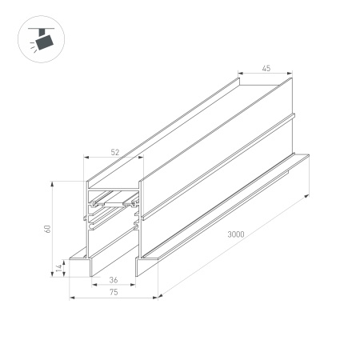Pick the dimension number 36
tap(114, 280)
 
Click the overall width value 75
tap(114, 293)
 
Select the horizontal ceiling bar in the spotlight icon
tap(38, 28)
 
